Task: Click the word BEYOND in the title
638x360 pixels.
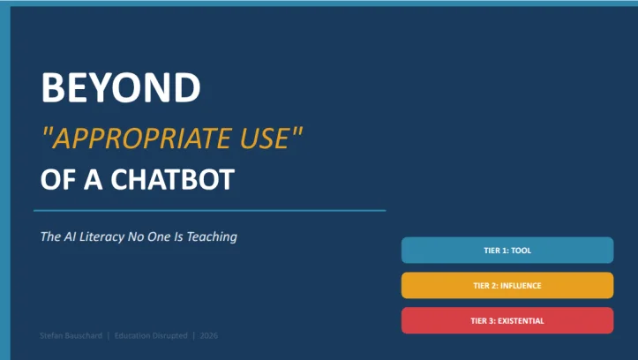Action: [x=121, y=87]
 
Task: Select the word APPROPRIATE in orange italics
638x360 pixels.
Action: [x=142, y=139]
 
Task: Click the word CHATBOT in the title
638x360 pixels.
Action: [x=173, y=179]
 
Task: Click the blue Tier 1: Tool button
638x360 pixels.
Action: [x=507, y=251]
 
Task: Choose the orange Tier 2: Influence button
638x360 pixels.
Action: [x=507, y=286]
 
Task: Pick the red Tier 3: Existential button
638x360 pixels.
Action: [x=507, y=320]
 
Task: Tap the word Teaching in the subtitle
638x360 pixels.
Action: [x=212, y=236]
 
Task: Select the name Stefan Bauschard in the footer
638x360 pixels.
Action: [x=71, y=335]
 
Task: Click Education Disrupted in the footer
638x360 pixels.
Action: [x=151, y=335]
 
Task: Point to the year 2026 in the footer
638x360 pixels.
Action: [x=209, y=335]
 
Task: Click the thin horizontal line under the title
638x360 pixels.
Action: [x=209, y=211]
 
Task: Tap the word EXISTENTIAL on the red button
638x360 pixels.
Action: [x=521, y=321]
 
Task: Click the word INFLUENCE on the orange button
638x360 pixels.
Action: [x=521, y=286]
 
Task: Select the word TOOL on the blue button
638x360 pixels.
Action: [x=522, y=251]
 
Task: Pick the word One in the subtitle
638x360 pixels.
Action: [x=159, y=236]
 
